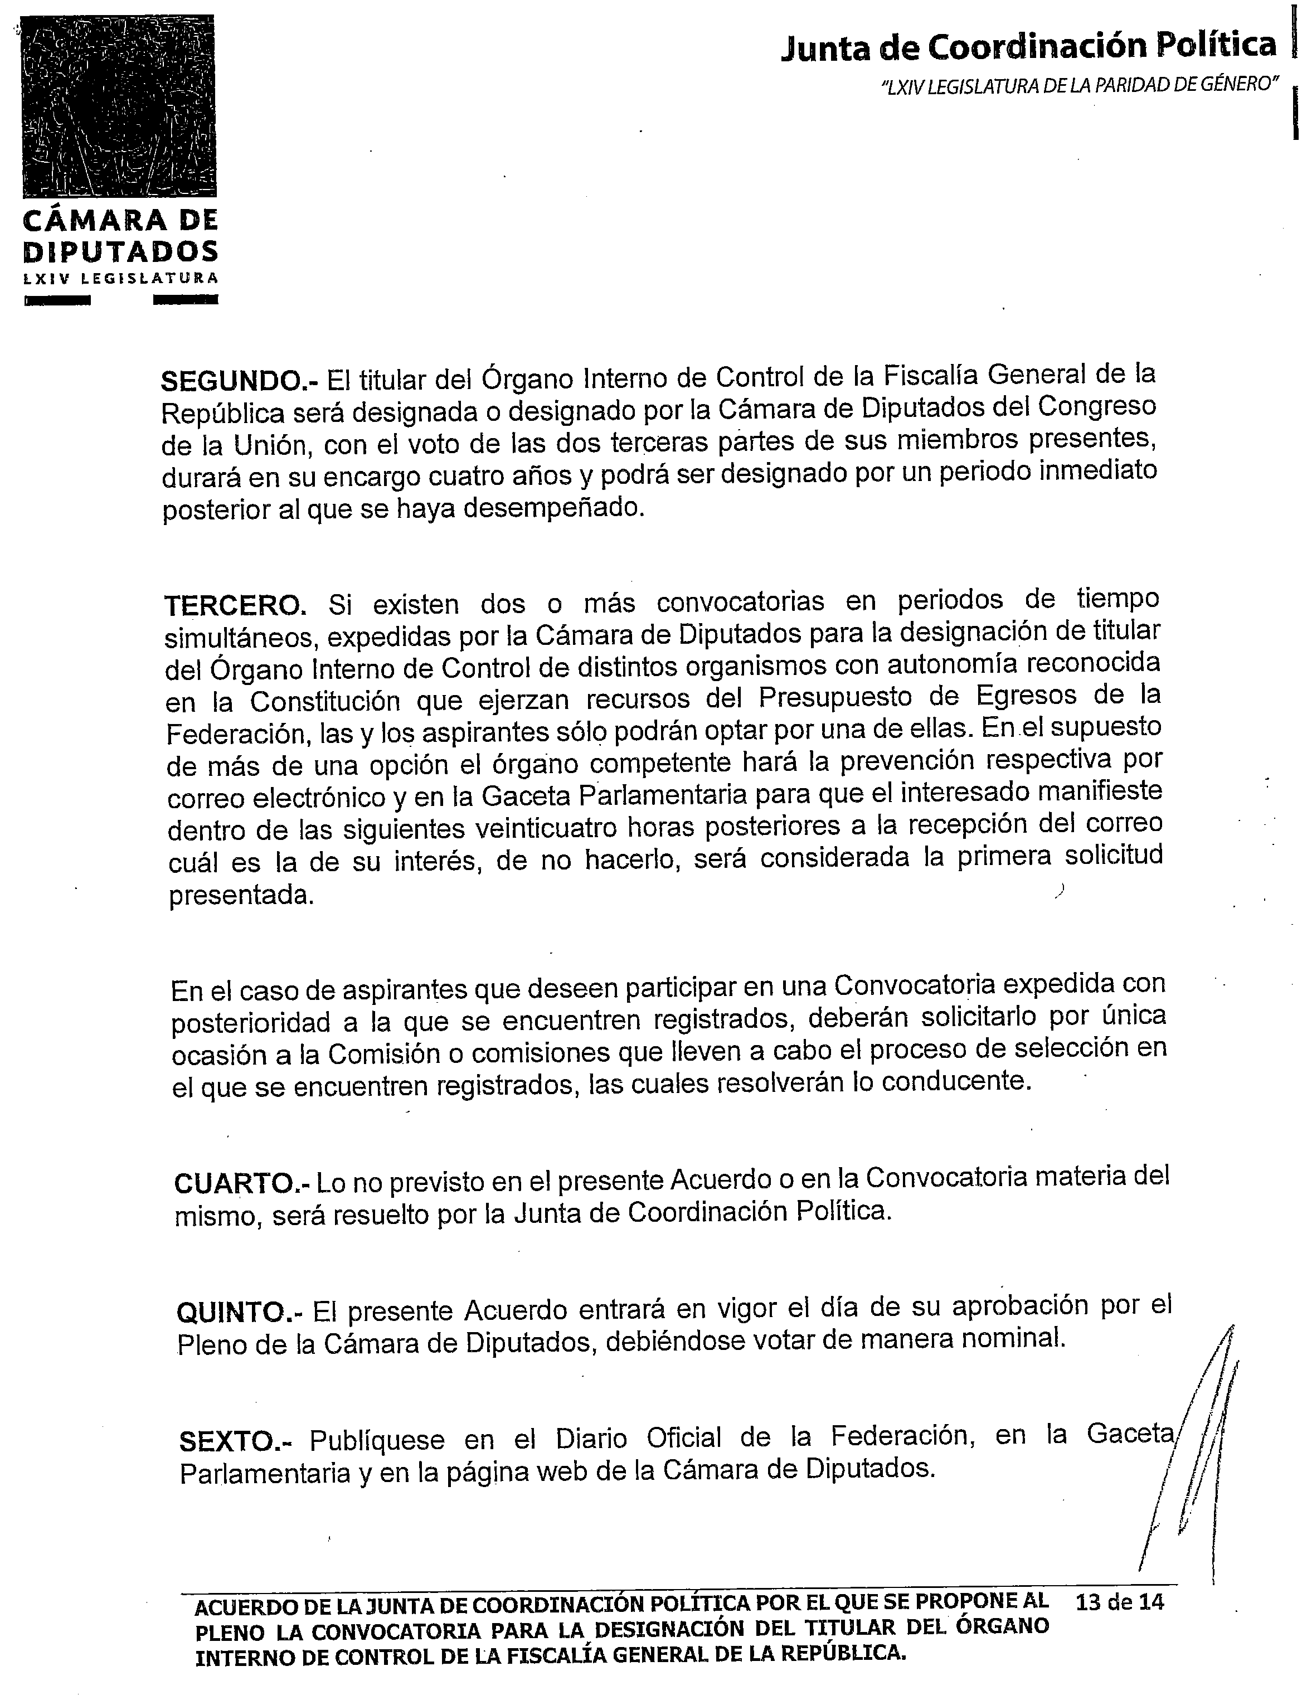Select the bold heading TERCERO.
[236, 605]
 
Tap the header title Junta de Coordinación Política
[1028, 46]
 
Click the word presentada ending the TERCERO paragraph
[242, 895]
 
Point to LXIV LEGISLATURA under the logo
[121, 278]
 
